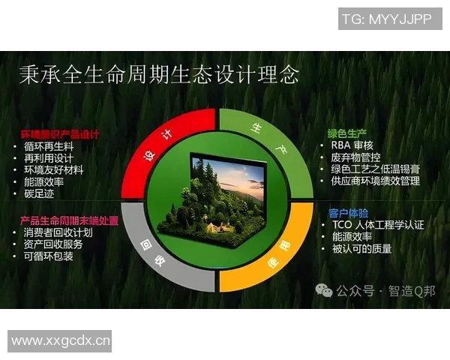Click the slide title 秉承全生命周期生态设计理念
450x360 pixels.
coord(158,75)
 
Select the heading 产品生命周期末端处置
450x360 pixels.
coord(69,220)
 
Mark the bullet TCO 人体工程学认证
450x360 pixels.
coord(377,224)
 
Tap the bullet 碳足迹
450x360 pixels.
coord(42,194)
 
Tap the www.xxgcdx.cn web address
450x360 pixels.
coord(61,341)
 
